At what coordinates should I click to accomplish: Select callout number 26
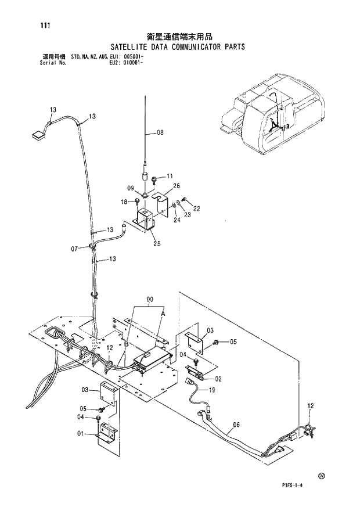177,186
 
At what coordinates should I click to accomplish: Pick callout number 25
157,243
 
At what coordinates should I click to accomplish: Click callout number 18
124,201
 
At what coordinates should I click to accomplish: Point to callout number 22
196,208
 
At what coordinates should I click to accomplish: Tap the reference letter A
163,312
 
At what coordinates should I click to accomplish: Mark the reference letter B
125,344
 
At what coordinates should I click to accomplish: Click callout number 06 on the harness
236,425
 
